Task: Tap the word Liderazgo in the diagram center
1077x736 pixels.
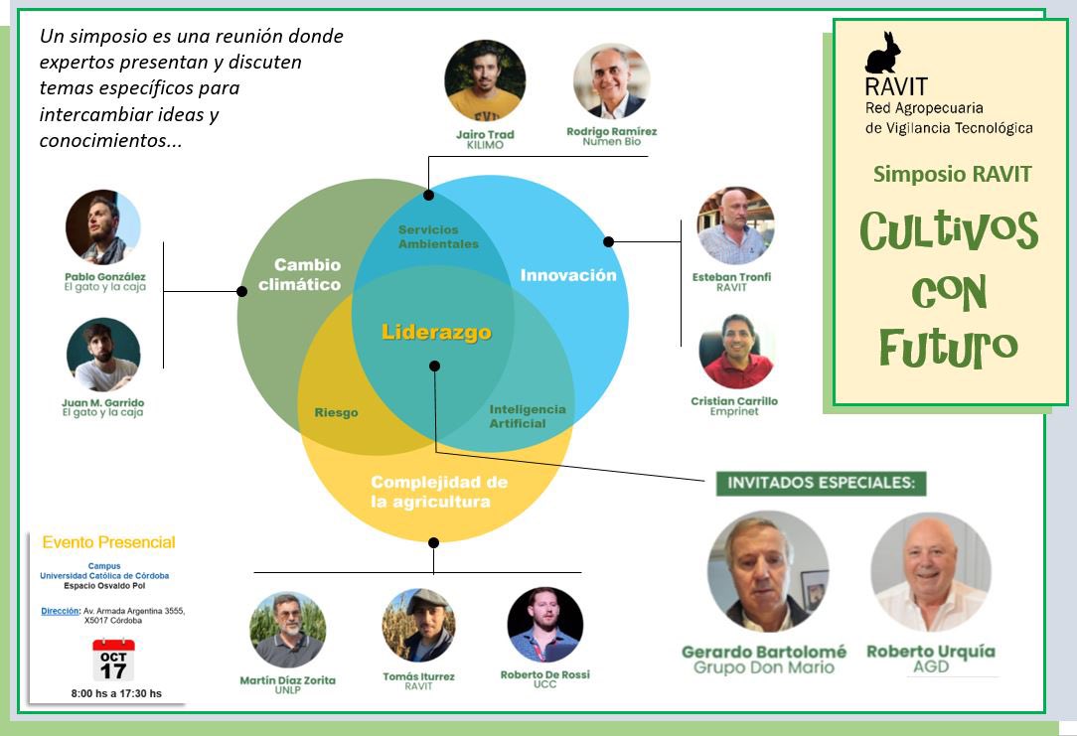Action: (x=436, y=332)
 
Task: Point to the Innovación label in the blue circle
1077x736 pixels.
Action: (x=568, y=275)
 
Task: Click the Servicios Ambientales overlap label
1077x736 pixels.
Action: (x=438, y=236)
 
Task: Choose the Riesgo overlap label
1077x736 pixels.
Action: (x=336, y=412)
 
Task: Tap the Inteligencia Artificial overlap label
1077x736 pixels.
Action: (x=527, y=416)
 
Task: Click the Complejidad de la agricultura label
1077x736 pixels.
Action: (x=439, y=492)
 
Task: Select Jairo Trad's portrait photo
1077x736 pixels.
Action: (x=485, y=80)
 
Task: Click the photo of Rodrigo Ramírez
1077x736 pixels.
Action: (x=611, y=80)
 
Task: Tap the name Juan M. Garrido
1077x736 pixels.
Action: (x=102, y=401)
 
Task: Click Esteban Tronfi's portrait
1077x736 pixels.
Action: (x=735, y=225)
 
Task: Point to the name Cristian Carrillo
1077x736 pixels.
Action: (x=734, y=401)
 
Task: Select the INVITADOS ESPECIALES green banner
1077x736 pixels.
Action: (x=821, y=484)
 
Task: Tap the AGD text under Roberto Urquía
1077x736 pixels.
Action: (x=930, y=666)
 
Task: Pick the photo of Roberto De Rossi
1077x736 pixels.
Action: (x=544, y=626)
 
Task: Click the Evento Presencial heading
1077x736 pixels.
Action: (x=108, y=542)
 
